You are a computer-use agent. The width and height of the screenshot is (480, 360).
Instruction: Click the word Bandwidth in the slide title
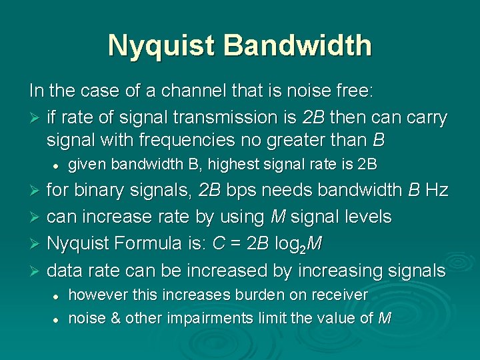[x=298, y=45]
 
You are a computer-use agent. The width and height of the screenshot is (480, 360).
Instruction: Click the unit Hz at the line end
[x=437, y=191]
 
